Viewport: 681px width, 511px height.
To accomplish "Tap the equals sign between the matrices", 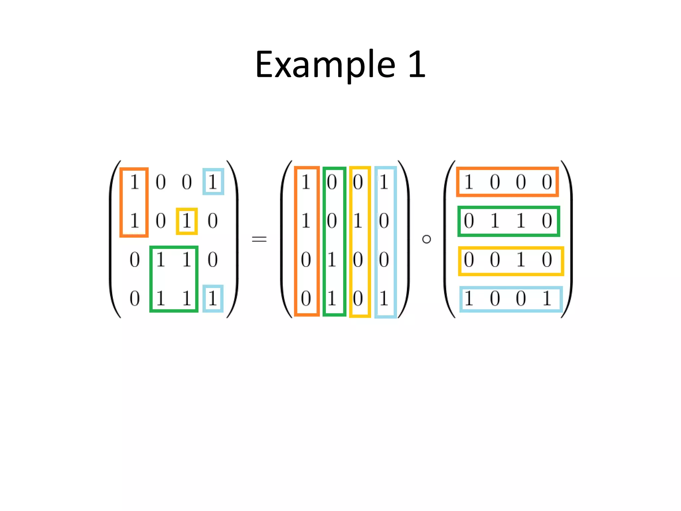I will (259, 239).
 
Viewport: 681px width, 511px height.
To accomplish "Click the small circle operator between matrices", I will (426, 239).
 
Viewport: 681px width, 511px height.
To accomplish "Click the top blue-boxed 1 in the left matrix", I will (213, 182).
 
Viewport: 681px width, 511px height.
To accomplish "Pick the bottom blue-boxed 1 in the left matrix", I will (213, 298).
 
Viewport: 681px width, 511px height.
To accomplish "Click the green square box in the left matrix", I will (174, 279).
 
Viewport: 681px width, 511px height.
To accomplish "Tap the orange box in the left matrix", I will (134, 202).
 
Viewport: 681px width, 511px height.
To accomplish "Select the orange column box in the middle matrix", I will (307, 241).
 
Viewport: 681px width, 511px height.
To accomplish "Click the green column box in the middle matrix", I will (334, 241).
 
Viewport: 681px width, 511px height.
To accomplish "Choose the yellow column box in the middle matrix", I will (360, 242).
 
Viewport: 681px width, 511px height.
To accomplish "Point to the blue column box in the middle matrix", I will (385, 242).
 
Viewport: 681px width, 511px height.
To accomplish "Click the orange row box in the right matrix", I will (507, 182).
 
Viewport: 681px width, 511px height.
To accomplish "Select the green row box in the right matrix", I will (508, 221).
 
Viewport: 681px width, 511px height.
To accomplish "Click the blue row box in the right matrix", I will (511, 299).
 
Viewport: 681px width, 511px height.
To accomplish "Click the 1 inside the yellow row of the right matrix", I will (521, 260).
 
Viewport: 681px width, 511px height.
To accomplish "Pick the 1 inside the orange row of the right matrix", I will (469, 182).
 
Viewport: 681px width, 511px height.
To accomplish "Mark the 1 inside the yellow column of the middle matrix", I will (358, 221).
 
